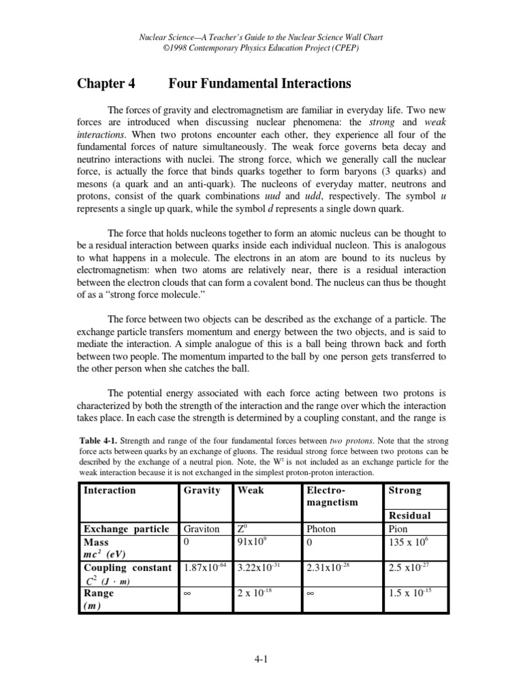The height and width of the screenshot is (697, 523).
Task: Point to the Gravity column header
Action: tap(202, 490)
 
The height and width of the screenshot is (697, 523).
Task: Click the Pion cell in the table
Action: tap(397, 528)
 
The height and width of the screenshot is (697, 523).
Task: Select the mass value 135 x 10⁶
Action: tap(407, 540)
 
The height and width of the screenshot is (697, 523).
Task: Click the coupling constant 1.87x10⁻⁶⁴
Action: tap(203, 567)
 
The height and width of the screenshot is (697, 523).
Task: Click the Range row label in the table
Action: tap(99, 593)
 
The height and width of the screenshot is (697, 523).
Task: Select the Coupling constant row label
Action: tap(127, 568)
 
